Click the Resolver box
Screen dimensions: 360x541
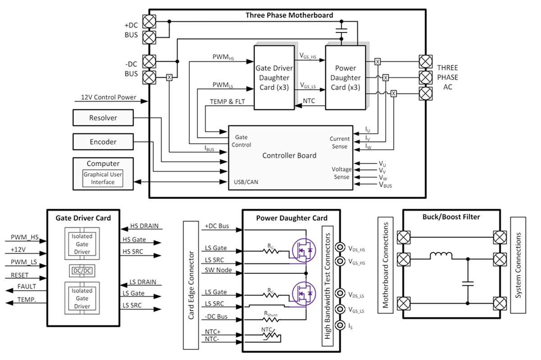103,118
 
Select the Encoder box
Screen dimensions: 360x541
103,142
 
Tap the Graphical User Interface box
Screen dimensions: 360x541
103,178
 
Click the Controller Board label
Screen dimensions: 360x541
289,155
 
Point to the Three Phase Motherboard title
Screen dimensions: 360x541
289,15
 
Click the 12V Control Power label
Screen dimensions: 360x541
108,97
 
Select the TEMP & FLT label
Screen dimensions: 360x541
227,102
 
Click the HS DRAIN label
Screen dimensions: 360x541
144,226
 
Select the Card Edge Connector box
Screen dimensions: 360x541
191,285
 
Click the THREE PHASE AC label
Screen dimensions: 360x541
447,77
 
